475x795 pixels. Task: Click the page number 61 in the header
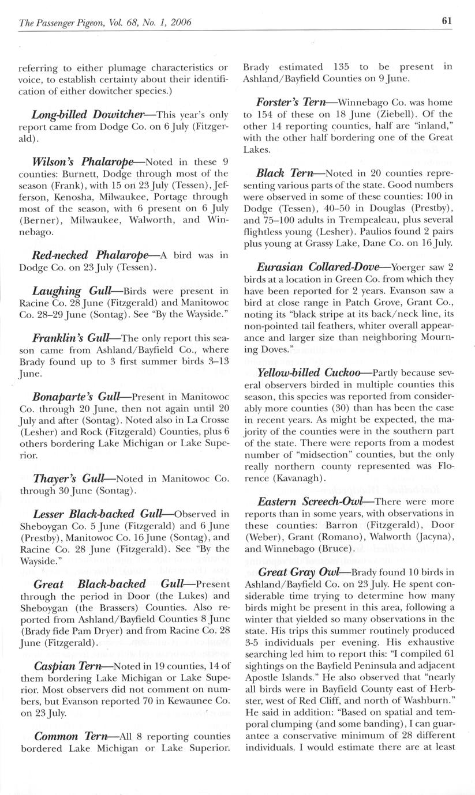click(446, 21)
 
